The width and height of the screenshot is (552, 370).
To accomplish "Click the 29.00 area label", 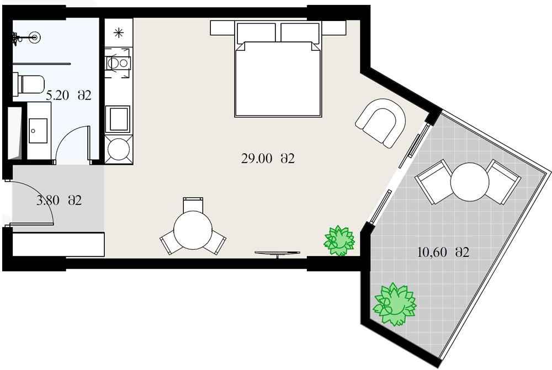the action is tap(268, 159).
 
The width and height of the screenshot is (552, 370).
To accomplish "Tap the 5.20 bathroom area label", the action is tap(68, 95).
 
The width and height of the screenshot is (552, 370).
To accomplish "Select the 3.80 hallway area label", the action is tap(59, 201).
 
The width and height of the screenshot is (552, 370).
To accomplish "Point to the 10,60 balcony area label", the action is tap(443, 252).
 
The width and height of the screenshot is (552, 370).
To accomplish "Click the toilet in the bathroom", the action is tap(29, 84).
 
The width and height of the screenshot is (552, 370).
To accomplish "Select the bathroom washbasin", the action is tap(38, 131).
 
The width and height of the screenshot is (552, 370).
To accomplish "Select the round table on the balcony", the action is tap(470, 182).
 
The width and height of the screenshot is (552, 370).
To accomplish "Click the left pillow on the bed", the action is tap(256, 33).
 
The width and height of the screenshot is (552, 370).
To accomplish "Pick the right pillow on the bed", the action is tap(300, 33).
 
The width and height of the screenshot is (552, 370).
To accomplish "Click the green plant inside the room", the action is tap(339, 240).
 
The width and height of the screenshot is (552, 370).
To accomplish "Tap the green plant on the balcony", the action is tap(395, 304).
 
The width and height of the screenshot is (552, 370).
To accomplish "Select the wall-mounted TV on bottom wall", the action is tap(278, 253).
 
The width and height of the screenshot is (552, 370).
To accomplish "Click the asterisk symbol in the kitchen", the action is tap(119, 33).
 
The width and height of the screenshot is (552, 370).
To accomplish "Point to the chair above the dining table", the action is tap(193, 205).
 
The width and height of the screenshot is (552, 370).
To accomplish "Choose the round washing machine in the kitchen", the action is tap(119, 149).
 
